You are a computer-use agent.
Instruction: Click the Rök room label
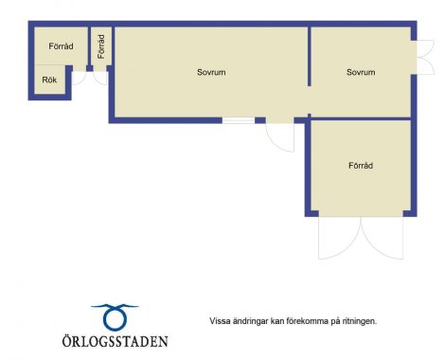click(x=49, y=80)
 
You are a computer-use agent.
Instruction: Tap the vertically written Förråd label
click(x=101, y=46)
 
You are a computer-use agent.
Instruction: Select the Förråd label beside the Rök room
click(x=61, y=46)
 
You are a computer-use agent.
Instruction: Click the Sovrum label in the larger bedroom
click(x=211, y=72)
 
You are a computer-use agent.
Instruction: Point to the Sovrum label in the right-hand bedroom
click(x=361, y=72)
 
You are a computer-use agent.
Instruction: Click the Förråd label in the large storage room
click(x=361, y=166)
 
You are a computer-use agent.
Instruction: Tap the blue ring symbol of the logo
click(x=115, y=316)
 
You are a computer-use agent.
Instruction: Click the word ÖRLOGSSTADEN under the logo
click(x=115, y=341)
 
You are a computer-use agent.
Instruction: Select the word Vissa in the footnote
click(x=220, y=321)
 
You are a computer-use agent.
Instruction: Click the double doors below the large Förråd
click(x=361, y=238)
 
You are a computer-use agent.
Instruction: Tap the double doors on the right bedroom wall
click(x=425, y=57)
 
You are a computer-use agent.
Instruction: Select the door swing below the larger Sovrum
click(x=280, y=137)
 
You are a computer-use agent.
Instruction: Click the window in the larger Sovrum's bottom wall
click(x=239, y=120)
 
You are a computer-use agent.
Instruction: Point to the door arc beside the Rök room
click(x=79, y=79)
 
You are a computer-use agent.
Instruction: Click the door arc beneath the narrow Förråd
click(x=100, y=79)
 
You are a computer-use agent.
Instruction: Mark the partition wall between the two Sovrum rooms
click(x=310, y=57)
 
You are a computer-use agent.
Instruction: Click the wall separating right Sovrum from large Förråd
click(x=361, y=118)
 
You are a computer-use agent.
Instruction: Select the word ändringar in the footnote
click(x=250, y=321)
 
